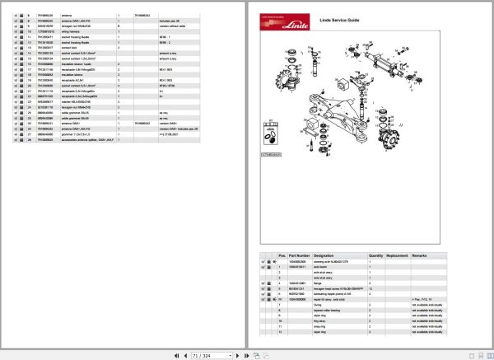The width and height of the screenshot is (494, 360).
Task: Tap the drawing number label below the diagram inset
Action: point(271,153)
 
